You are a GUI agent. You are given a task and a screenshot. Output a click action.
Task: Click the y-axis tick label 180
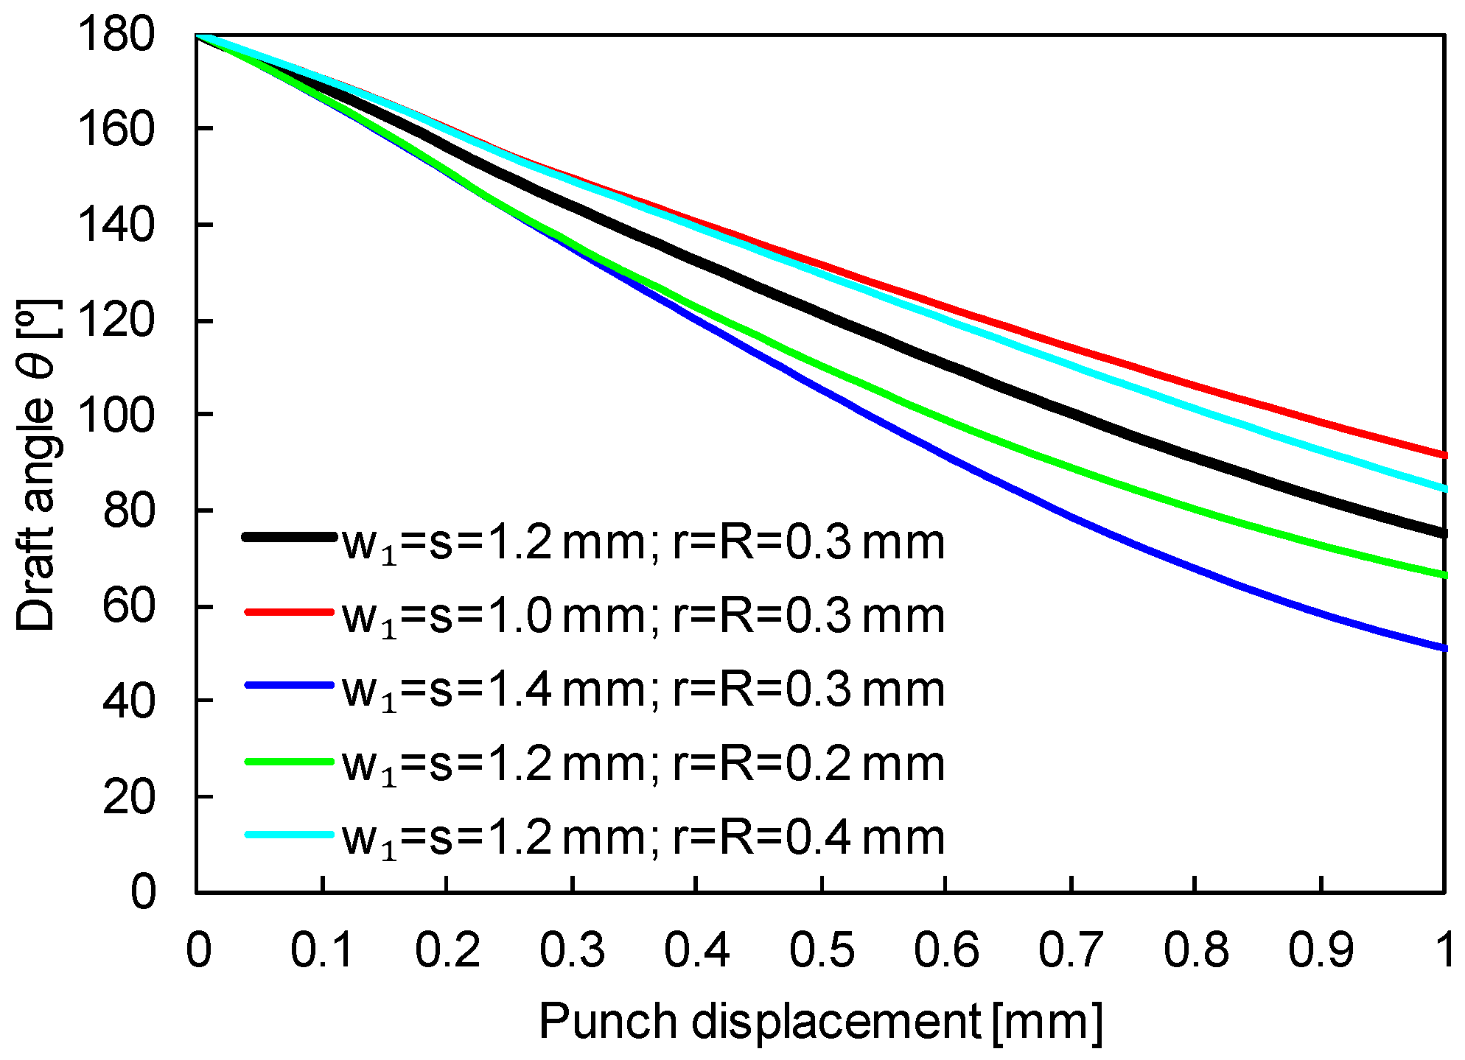116,35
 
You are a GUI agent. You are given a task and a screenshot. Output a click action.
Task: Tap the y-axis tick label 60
129,606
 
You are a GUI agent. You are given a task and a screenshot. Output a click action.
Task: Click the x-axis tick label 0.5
822,950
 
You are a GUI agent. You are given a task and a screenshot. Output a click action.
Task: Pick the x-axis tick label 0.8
1195,950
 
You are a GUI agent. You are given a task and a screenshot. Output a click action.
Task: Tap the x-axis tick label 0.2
447,950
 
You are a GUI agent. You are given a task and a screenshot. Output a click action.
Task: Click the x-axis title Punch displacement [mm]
820,1022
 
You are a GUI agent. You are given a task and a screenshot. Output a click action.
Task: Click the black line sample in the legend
289,538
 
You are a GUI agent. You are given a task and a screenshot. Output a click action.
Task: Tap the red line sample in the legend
289,611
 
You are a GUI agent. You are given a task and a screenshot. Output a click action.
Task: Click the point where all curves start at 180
197,35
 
